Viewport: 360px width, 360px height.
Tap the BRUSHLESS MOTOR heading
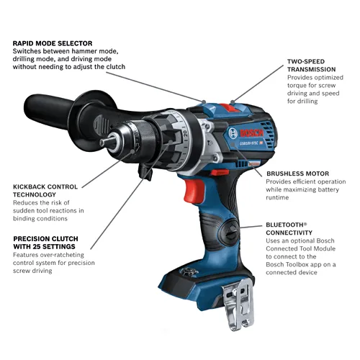[297, 174]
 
